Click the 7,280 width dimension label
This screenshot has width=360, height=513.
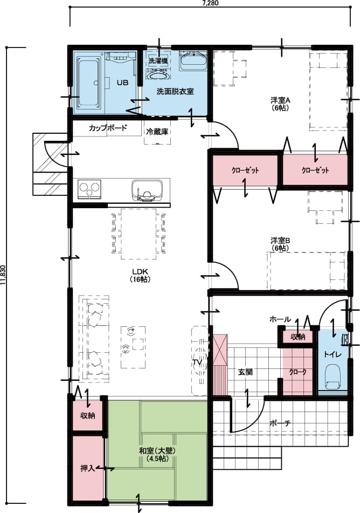click(x=211, y=3)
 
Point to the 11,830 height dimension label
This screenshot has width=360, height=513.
click(x=4, y=277)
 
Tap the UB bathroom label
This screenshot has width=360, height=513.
click(x=122, y=83)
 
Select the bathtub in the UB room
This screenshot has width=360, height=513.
click(x=89, y=83)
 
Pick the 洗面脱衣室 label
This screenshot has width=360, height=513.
click(x=175, y=92)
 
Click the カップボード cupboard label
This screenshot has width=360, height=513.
click(x=108, y=128)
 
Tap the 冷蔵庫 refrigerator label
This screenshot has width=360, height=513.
click(x=157, y=131)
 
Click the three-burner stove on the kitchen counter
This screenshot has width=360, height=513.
click(x=90, y=189)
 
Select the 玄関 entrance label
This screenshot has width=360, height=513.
click(x=246, y=372)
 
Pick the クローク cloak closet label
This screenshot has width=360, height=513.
click(x=297, y=372)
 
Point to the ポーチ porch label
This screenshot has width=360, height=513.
click(x=280, y=423)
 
